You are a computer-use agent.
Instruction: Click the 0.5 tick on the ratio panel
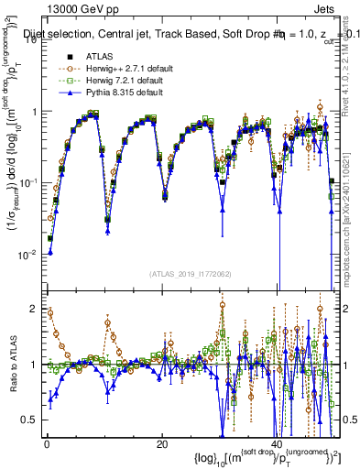(33, 420)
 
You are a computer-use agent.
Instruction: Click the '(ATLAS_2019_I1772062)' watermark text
(189, 274)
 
